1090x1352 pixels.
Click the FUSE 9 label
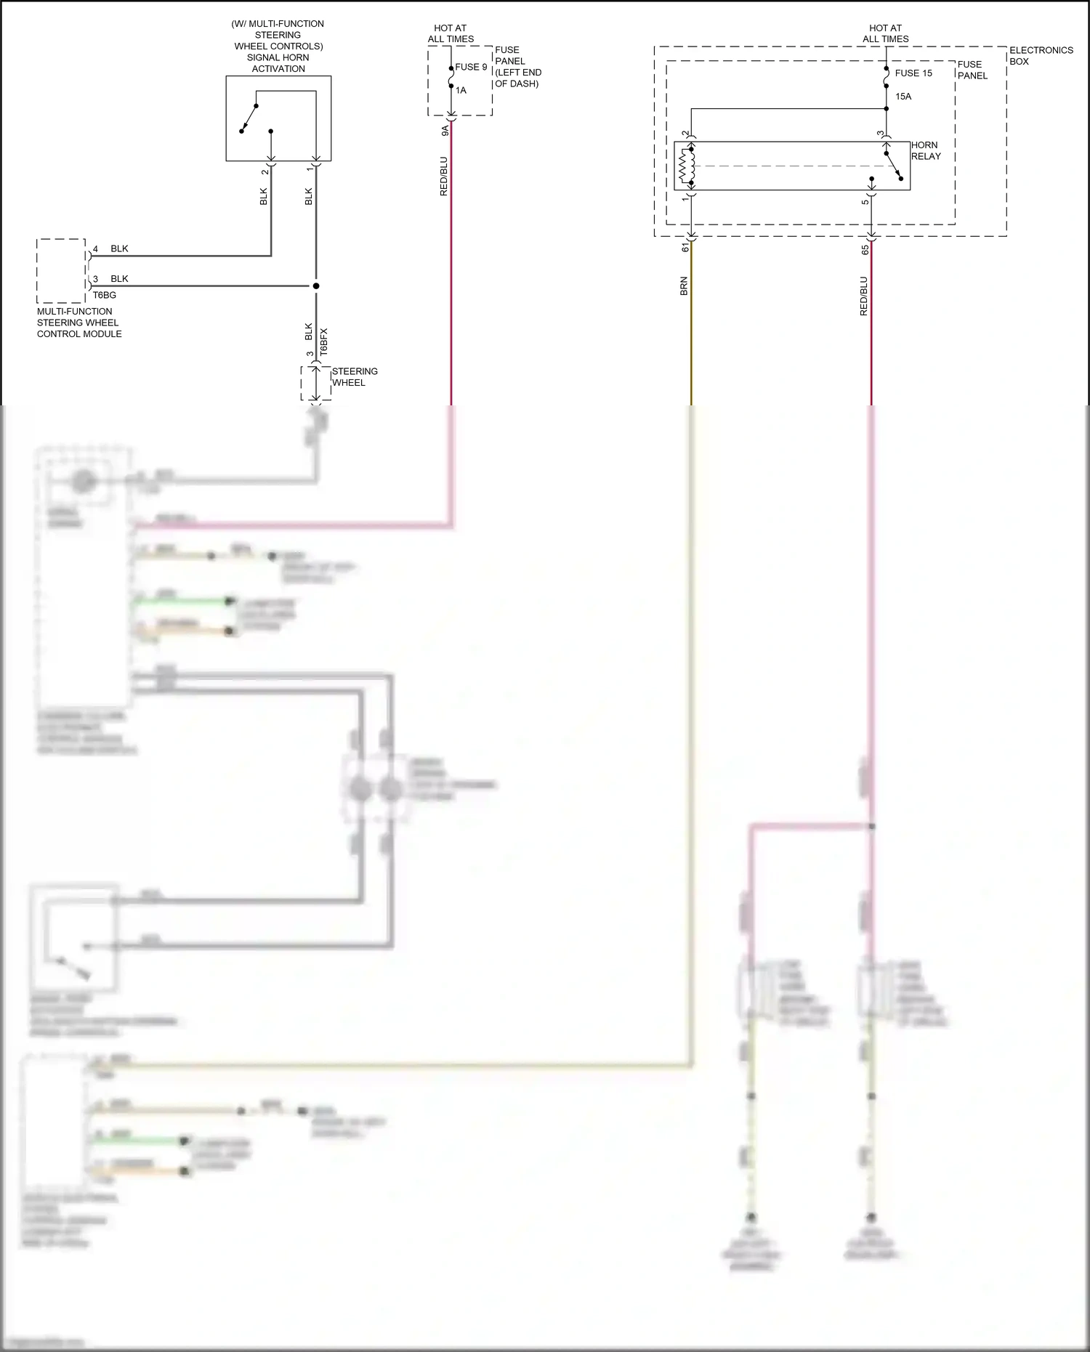[x=471, y=67]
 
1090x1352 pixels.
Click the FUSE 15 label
[x=913, y=73]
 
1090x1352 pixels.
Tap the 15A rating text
[x=903, y=97]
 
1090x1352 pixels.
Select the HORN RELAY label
[x=925, y=150]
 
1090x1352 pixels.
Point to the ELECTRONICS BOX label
[x=1041, y=55]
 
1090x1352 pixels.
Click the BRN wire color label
[x=684, y=286]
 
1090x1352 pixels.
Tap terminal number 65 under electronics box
[x=865, y=249]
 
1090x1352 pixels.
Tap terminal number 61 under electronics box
[x=685, y=248]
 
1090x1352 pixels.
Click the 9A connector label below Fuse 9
[x=445, y=130]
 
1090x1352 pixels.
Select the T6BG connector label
[x=104, y=295]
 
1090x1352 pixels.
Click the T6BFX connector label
[x=324, y=341]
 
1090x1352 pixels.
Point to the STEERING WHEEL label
[x=355, y=376]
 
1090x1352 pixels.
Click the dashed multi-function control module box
[x=61, y=270]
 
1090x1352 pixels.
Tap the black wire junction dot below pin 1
[x=316, y=286]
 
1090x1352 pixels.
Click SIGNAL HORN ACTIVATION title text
[x=278, y=63]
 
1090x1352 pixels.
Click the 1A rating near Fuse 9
[x=461, y=91]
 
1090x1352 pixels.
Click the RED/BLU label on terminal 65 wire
[x=864, y=296]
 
